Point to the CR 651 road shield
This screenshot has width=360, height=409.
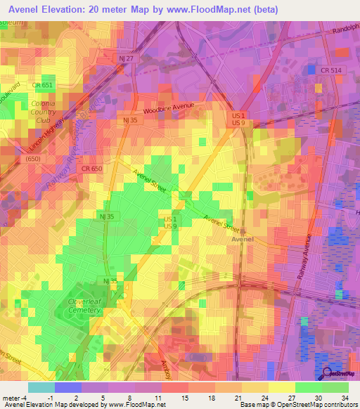pyautogui.click(x=42, y=86)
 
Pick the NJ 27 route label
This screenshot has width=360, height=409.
pyautogui.click(x=124, y=59)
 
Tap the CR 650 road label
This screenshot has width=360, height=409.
pyautogui.click(x=91, y=169)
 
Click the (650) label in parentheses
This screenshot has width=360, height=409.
pyautogui.click(x=33, y=160)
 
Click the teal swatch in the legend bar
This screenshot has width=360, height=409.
pyautogui.click(x=41, y=387)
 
